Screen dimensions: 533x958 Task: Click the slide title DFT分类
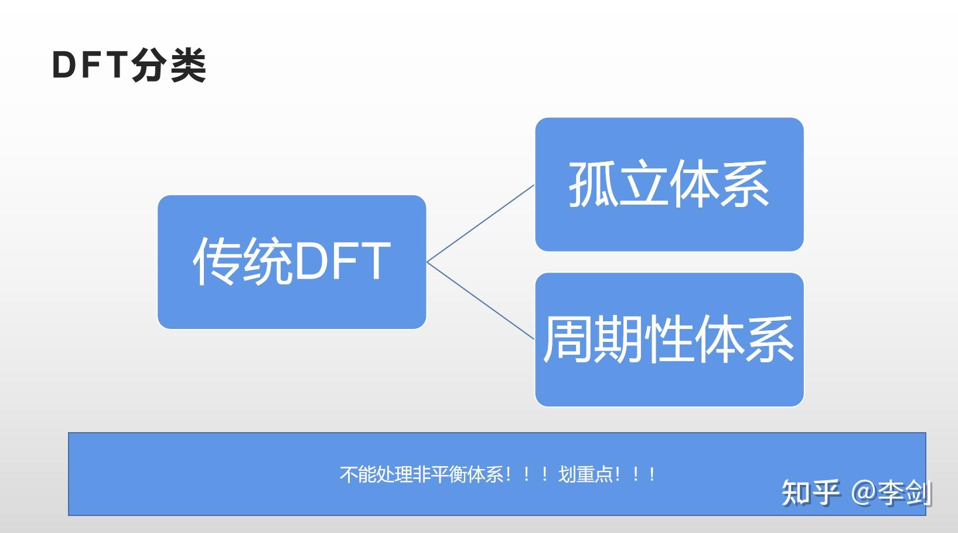point(129,65)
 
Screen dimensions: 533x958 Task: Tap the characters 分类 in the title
point(169,65)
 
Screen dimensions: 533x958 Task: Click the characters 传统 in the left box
point(242,262)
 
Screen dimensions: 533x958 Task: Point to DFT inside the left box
point(342,262)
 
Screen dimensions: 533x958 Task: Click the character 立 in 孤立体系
point(643,184)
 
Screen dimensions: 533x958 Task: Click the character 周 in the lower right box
point(568,339)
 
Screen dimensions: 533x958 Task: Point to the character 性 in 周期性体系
point(669,339)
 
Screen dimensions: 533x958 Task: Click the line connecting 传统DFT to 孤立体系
point(480,223)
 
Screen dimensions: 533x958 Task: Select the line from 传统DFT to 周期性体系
point(480,300)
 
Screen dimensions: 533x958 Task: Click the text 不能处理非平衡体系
point(421,474)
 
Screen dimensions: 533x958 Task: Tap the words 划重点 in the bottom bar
point(586,474)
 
